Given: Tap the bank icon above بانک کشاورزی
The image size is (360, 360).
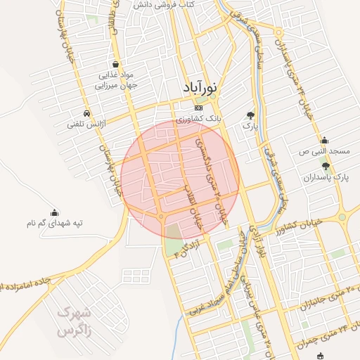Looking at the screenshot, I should coord(198,108).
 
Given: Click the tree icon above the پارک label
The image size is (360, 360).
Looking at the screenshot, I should coord(250,114).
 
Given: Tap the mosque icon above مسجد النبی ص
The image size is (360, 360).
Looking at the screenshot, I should coord(324,140).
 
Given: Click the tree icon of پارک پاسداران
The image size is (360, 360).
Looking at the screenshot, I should coord(325,165).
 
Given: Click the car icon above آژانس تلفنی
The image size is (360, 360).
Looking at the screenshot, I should coord(86,113).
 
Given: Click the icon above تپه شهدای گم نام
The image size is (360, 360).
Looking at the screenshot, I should coord(54,212).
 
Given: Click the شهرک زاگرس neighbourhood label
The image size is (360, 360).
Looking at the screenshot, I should coord(74,321).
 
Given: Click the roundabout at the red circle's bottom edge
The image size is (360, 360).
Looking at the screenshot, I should coord(162,216).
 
